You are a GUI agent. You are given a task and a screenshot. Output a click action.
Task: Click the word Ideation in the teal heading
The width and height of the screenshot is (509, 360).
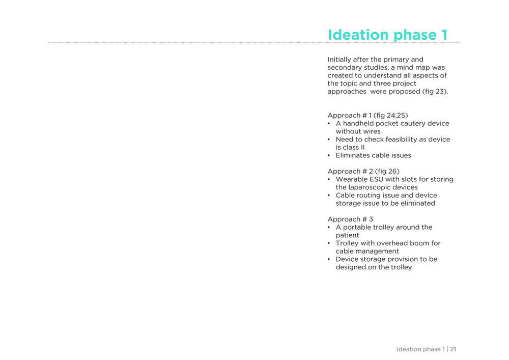pyautogui.click(x=354, y=35)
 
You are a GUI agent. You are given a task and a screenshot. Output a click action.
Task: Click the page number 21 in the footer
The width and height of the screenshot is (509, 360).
pyautogui.click(x=453, y=349)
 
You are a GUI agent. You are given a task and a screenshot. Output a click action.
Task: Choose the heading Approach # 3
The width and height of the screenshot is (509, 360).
pyautogui.click(x=350, y=219)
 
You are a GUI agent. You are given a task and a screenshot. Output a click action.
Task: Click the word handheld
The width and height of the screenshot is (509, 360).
pyautogui.click(x=358, y=123)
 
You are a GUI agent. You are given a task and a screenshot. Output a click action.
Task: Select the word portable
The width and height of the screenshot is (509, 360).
pyautogui.click(x=356, y=228)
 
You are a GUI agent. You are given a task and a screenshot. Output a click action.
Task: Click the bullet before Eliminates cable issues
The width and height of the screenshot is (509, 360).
pyautogui.click(x=329, y=155)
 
